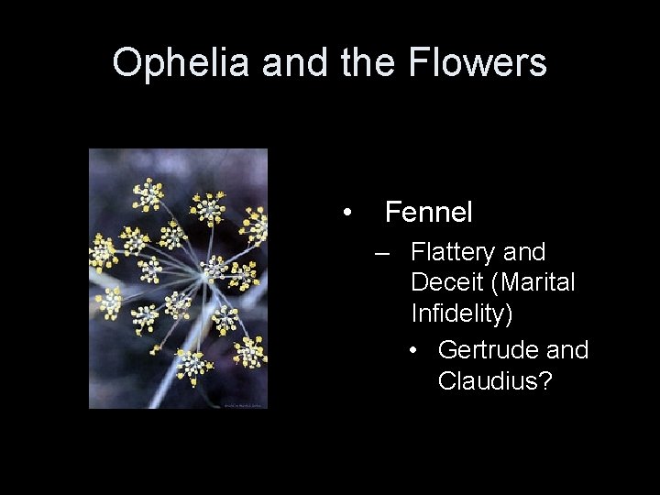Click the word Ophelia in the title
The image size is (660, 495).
(x=181, y=63)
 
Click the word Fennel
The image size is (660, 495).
(x=428, y=213)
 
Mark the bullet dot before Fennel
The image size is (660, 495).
(x=346, y=214)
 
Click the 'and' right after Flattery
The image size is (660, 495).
(x=523, y=252)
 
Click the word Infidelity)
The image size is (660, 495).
(x=462, y=313)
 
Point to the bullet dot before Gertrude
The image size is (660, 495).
(x=416, y=351)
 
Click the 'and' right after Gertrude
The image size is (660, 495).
(x=566, y=350)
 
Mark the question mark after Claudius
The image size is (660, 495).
(x=545, y=380)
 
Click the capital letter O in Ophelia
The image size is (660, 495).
(x=126, y=63)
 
